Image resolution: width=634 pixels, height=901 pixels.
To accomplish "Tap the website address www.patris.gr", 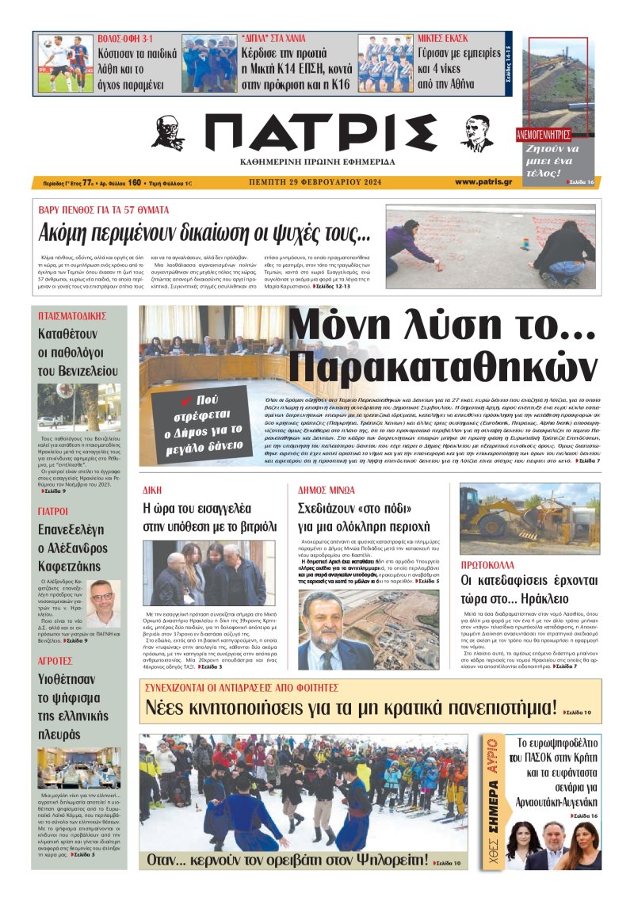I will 483,182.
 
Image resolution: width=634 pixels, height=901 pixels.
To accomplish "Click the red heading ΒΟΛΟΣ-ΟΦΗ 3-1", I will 125,38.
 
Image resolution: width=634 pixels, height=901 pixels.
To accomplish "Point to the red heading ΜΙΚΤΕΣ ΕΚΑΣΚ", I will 442,38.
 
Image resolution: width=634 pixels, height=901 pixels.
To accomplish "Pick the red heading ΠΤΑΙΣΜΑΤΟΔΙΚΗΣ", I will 72,315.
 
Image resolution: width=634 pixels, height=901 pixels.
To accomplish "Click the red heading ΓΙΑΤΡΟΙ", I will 53,511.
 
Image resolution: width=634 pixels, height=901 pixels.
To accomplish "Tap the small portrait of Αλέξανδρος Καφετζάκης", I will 102,603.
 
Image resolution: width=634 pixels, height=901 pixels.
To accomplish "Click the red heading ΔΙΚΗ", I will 152,490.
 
